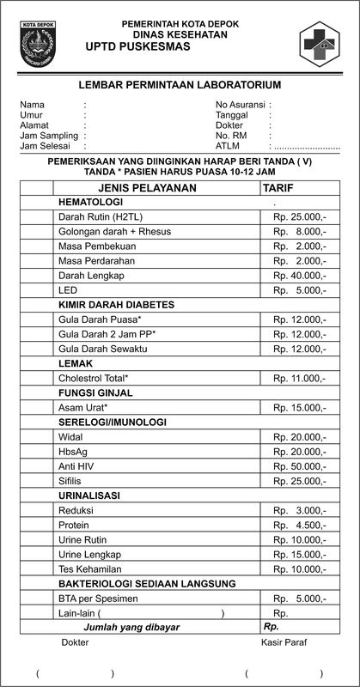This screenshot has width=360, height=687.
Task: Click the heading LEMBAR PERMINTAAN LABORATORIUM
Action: click(x=180, y=85)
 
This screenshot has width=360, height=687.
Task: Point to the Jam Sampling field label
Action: click(x=49, y=136)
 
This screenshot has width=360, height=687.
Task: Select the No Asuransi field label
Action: click(x=240, y=105)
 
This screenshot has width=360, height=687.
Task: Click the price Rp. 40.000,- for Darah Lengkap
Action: click(x=299, y=276)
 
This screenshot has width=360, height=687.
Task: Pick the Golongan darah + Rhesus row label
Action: click(x=114, y=232)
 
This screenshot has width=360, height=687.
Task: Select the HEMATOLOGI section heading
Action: click(x=91, y=201)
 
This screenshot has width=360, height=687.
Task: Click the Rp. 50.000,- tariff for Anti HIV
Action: click(x=299, y=466)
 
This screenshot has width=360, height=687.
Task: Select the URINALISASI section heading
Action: click(x=88, y=495)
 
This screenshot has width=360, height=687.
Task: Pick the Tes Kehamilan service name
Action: click(x=89, y=569)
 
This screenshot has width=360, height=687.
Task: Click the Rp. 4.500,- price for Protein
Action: click(x=299, y=525)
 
